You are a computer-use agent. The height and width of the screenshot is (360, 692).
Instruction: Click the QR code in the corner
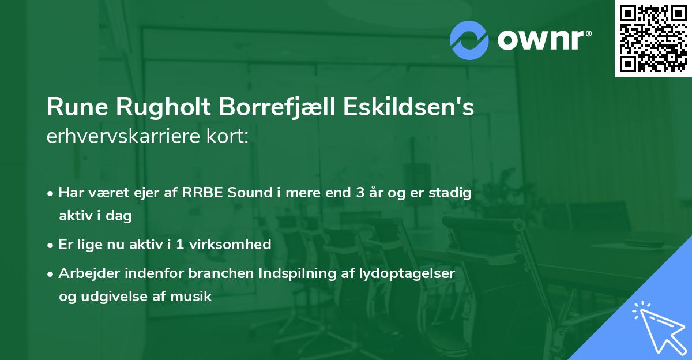[653, 38]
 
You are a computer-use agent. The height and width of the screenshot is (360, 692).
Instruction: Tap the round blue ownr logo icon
[469, 40]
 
